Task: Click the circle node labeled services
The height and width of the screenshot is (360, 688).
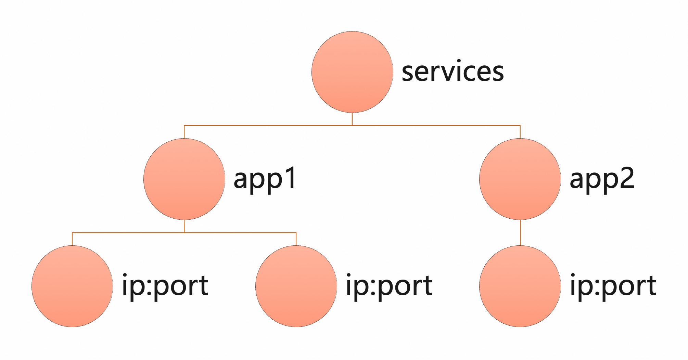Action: tap(352, 72)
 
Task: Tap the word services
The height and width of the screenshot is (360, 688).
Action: tap(453, 72)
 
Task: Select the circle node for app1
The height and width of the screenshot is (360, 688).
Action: tap(184, 179)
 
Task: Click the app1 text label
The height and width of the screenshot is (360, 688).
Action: tap(265, 179)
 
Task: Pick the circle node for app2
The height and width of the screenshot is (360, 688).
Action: tap(520, 179)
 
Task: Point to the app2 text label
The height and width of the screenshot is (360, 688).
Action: tap(602, 179)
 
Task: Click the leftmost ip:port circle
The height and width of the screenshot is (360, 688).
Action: tap(72, 286)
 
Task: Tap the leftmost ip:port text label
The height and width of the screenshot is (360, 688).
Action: tap(165, 286)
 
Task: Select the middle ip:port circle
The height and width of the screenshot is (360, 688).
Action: tap(296, 286)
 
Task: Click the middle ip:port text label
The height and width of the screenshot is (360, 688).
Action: tap(389, 286)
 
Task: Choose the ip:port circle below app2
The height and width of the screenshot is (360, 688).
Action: tap(520, 286)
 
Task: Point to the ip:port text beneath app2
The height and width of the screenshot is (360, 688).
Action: tap(613, 286)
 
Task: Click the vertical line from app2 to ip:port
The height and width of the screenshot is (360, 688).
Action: tap(520, 233)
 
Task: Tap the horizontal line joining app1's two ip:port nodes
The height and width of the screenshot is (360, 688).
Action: tap(240, 233)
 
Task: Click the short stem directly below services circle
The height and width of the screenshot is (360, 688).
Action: tap(352, 119)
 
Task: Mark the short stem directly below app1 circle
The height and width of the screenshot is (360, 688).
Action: tap(184, 226)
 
